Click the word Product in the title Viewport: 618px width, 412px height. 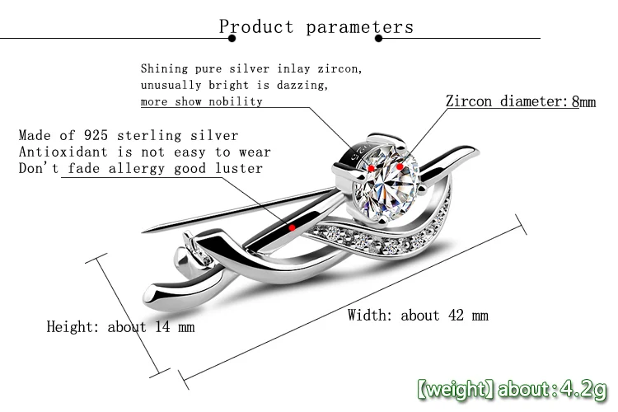point(256,27)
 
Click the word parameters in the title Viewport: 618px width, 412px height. point(360,27)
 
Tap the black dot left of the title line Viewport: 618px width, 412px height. point(232,38)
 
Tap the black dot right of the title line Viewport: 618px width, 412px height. point(379,38)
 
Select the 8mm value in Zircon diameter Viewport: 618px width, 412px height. point(583,101)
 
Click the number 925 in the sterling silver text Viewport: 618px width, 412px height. point(96,135)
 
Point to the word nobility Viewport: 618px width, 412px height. point(236,101)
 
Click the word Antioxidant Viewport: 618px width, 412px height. point(63,152)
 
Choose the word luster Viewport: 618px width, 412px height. point(239,168)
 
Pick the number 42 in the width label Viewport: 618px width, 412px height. point(456,316)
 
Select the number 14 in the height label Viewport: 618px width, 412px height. point(162,327)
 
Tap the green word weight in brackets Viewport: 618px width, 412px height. point(457,390)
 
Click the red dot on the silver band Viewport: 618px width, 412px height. point(292,227)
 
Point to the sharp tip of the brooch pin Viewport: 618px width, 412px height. point(143,231)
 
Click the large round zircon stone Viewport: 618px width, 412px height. point(386,182)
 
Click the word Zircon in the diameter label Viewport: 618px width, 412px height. point(469,101)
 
